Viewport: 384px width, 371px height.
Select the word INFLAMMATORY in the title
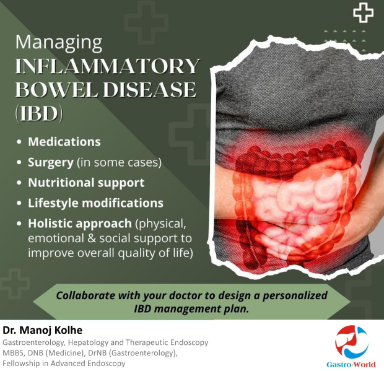pyautogui.click(x=108, y=66)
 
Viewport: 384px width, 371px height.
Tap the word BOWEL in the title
pyautogui.click(x=57, y=89)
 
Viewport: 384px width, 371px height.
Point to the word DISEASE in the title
pyautogui.click(x=150, y=89)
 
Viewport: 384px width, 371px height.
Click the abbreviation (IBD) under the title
pyautogui.click(x=39, y=113)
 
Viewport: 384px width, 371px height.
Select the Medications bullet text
pyautogui.click(x=64, y=142)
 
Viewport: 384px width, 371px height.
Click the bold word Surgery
pyautogui.click(x=51, y=162)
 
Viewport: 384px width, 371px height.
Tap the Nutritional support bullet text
pyautogui.click(x=86, y=183)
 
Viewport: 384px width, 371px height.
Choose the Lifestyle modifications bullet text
pyautogui.click(x=95, y=203)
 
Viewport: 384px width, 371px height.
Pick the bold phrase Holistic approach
pyautogui.click(x=80, y=224)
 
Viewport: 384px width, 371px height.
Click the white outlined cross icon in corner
pyautogui.click(x=363, y=12)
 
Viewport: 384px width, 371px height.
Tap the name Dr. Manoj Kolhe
pyautogui.click(x=42, y=330)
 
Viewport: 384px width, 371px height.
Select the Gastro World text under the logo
pyautogui.click(x=351, y=364)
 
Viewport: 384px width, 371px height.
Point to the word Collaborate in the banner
pyautogui.click(x=85, y=295)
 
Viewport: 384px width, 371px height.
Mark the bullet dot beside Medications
pyautogui.click(x=19, y=142)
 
